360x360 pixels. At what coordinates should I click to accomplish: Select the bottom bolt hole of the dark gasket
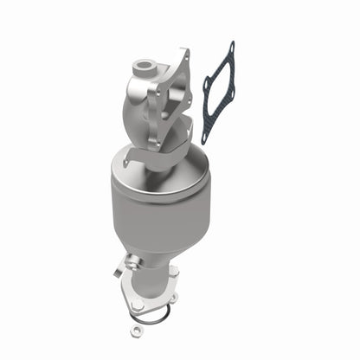(206, 138)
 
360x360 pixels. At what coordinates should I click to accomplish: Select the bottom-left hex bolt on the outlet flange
(135, 303)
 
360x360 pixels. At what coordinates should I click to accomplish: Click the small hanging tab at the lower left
(118, 270)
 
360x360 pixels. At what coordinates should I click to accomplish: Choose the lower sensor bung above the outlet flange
(132, 260)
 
